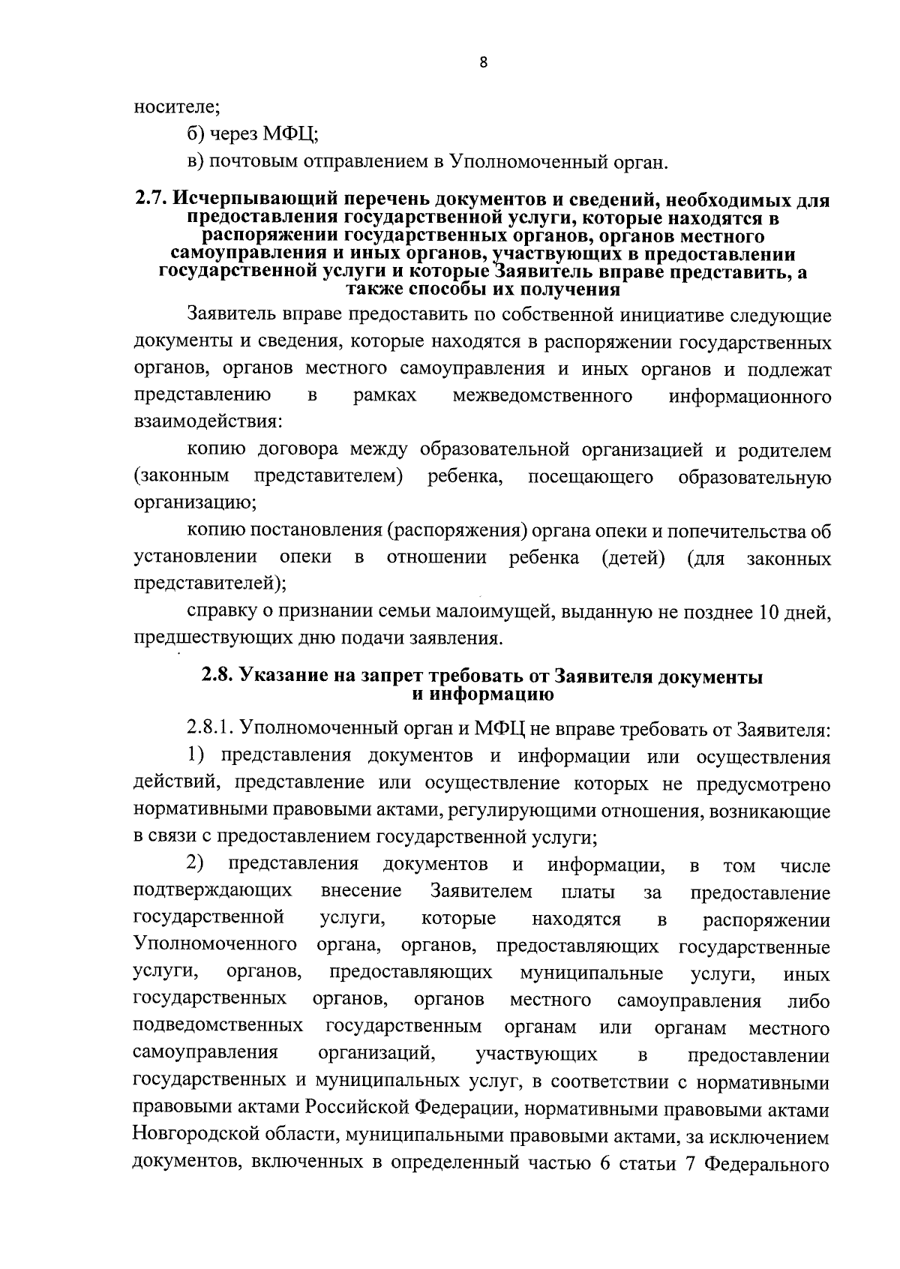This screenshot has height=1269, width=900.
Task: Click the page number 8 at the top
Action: pyautogui.click(x=483, y=64)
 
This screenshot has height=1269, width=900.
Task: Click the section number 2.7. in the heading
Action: pyautogui.click(x=152, y=200)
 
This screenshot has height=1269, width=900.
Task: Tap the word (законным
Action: pyautogui.click(x=181, y=477)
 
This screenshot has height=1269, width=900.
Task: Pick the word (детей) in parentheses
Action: pyautogui.click(x=634, y=559)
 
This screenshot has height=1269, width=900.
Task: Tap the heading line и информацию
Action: pyautogui.click(x=483, y=694)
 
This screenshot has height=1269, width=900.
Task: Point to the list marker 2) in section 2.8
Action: pyautogui.click(x=196, y=865)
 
